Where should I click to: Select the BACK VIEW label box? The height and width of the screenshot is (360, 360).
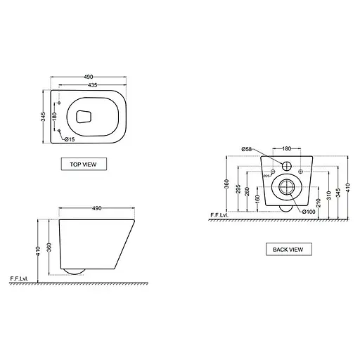288,249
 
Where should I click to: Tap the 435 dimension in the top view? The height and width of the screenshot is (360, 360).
89,84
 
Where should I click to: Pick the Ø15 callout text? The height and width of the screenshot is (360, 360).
70,139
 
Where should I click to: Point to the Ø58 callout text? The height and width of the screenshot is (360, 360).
247,150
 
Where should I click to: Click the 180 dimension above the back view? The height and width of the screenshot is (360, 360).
287,149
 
